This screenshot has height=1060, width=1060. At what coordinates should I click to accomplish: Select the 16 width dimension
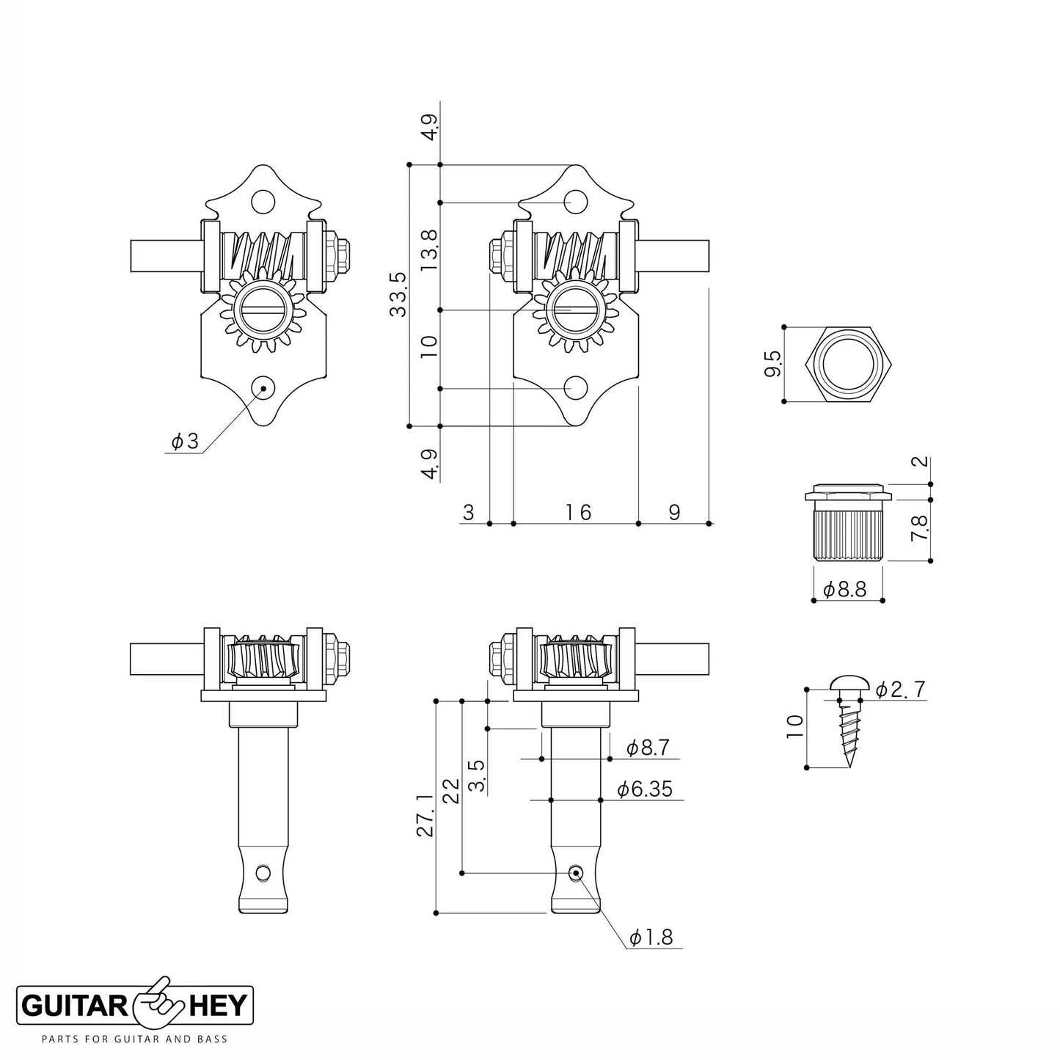578,512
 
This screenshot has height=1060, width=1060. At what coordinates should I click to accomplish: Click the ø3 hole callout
185,442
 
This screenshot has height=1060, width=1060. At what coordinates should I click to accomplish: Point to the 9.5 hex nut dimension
772,364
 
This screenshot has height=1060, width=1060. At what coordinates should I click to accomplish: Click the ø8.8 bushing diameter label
844,589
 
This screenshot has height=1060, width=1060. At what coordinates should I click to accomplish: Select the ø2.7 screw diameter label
901,689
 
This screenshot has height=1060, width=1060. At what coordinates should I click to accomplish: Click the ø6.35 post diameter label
644,789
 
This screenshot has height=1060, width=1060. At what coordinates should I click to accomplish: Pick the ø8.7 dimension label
648,748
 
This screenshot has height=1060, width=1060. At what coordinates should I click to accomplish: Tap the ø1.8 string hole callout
651,937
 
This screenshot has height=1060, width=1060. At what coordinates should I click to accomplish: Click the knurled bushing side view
847,527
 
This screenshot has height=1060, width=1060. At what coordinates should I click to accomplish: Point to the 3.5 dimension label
475,775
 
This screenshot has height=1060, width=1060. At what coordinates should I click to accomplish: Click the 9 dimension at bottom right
673,512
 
